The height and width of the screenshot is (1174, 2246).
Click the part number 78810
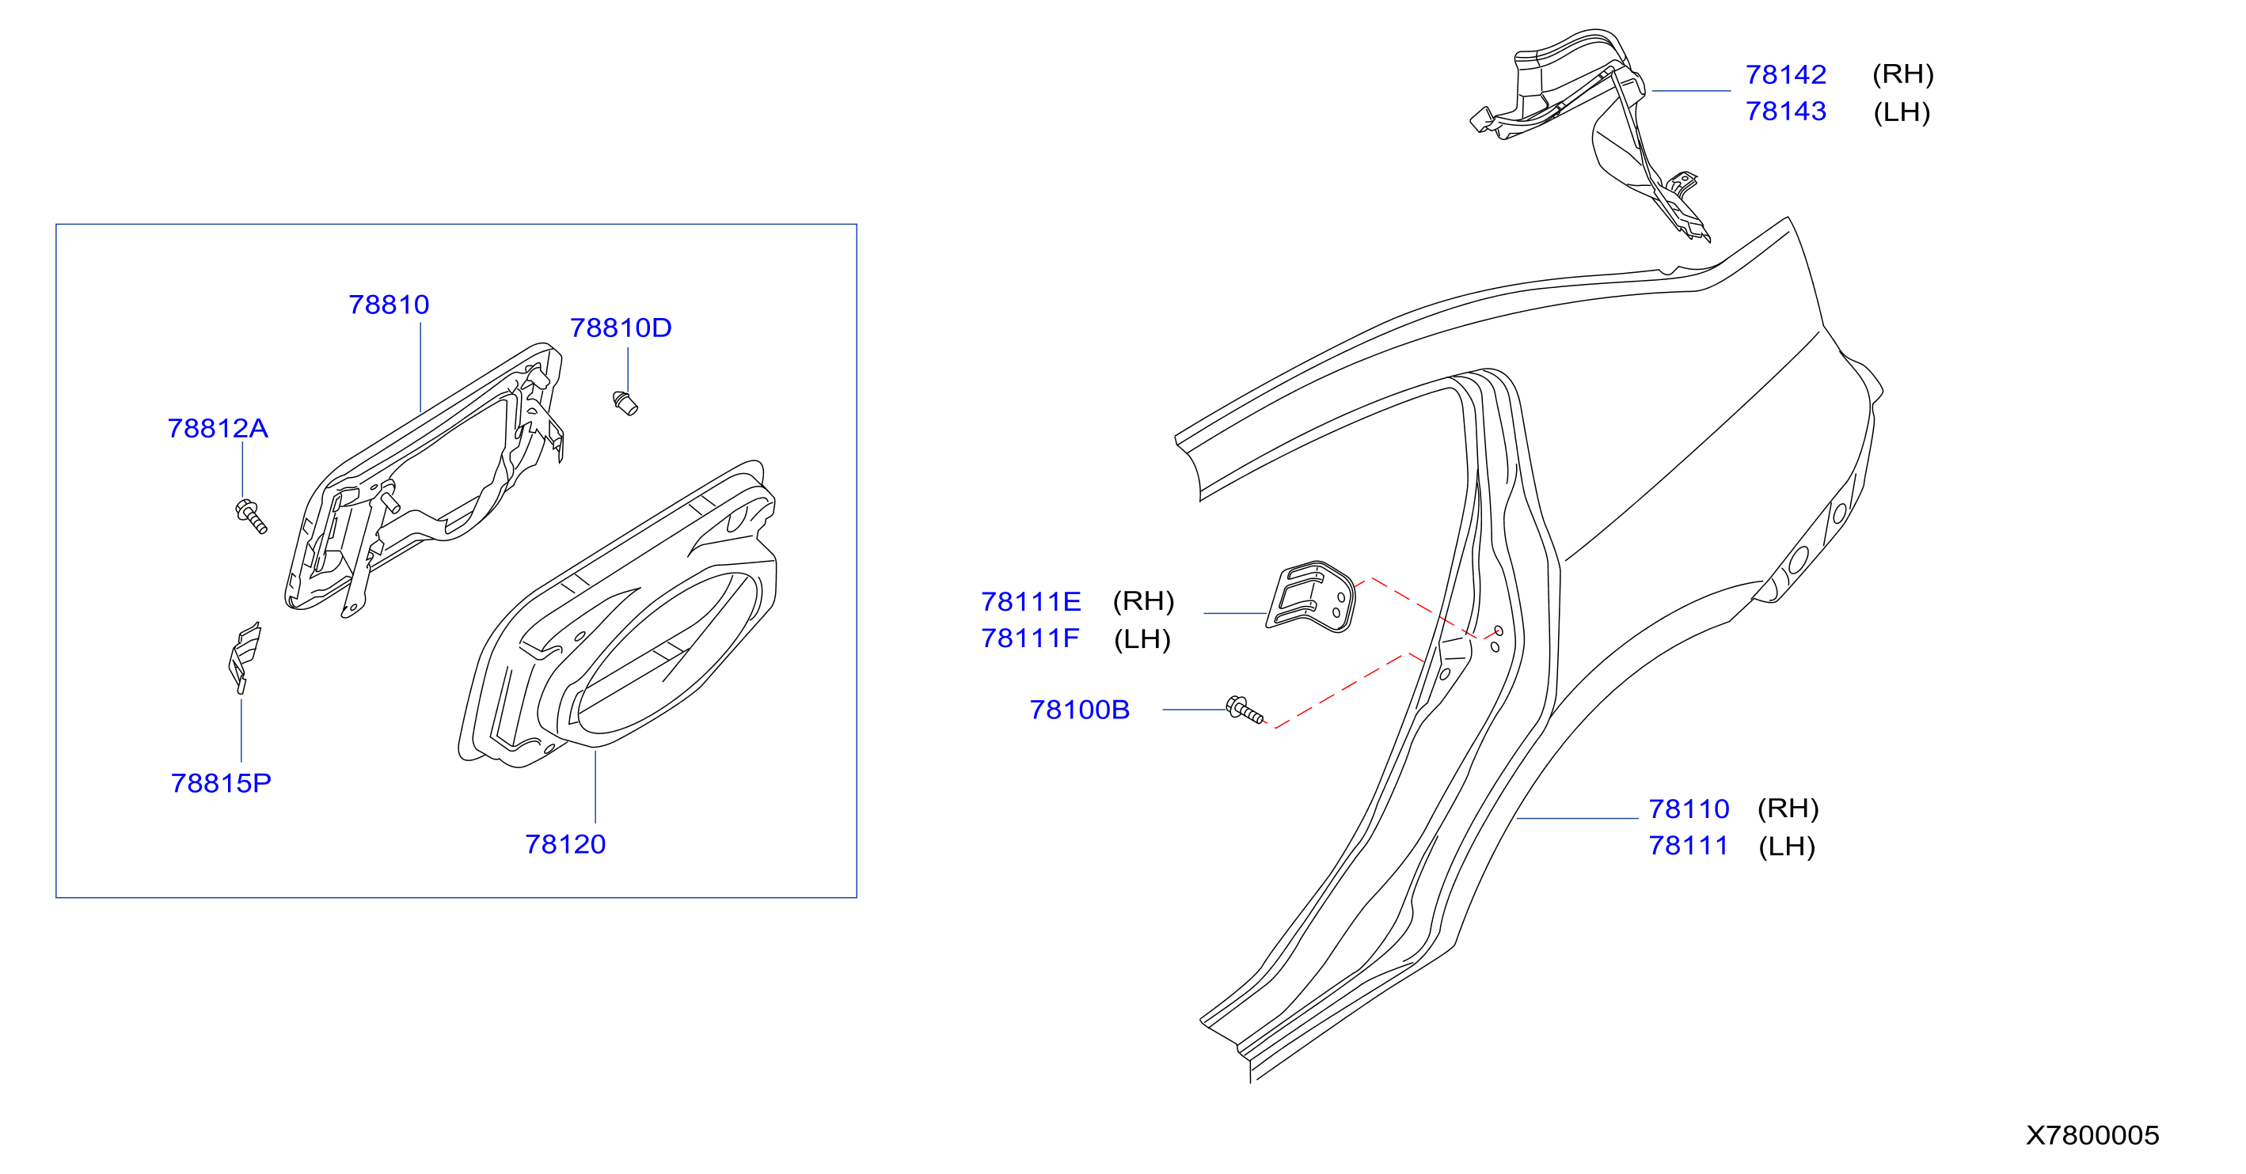pyautogui.click(x=389, y=304)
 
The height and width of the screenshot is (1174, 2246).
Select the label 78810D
pyautogui.click(x=621, y=328)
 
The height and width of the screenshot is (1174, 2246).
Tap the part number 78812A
pyautogui.click(x=218, y=428)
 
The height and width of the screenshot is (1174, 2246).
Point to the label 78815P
pyautogui.click(x=221, y=782)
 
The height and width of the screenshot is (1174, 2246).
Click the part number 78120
pyautogui.click(x=565, y=843)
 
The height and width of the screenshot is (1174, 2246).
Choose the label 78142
pyautogui.click(x=1786, y=74)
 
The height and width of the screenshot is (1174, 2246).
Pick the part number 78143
pyautogui.click(x=1786, y=111)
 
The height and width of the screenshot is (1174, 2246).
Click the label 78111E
pyautogui.click(x=1031, y=601)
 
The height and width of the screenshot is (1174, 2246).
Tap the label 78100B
pyautogui.click(x=1079, y=710)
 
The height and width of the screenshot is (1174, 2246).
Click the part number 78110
pyautogui.click(x=1689, y=809)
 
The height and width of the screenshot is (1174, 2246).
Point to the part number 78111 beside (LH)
pyautogui.click(x=1688, y=846)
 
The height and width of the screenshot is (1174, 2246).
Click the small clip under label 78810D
pyautogui.click(x=625, y=403)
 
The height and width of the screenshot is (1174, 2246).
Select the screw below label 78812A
pyautogui.click(x=251, y=516)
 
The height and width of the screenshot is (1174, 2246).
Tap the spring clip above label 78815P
pyautogui.click(x=243, y=657)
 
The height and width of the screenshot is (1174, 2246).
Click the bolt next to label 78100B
pyautogui.click(x=1245, y=710)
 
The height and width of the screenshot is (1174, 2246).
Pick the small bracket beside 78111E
pyautogui.click(x=1310, y=596)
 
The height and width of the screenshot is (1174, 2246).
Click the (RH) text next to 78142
pyautogui.click(x=1902, y=74)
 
